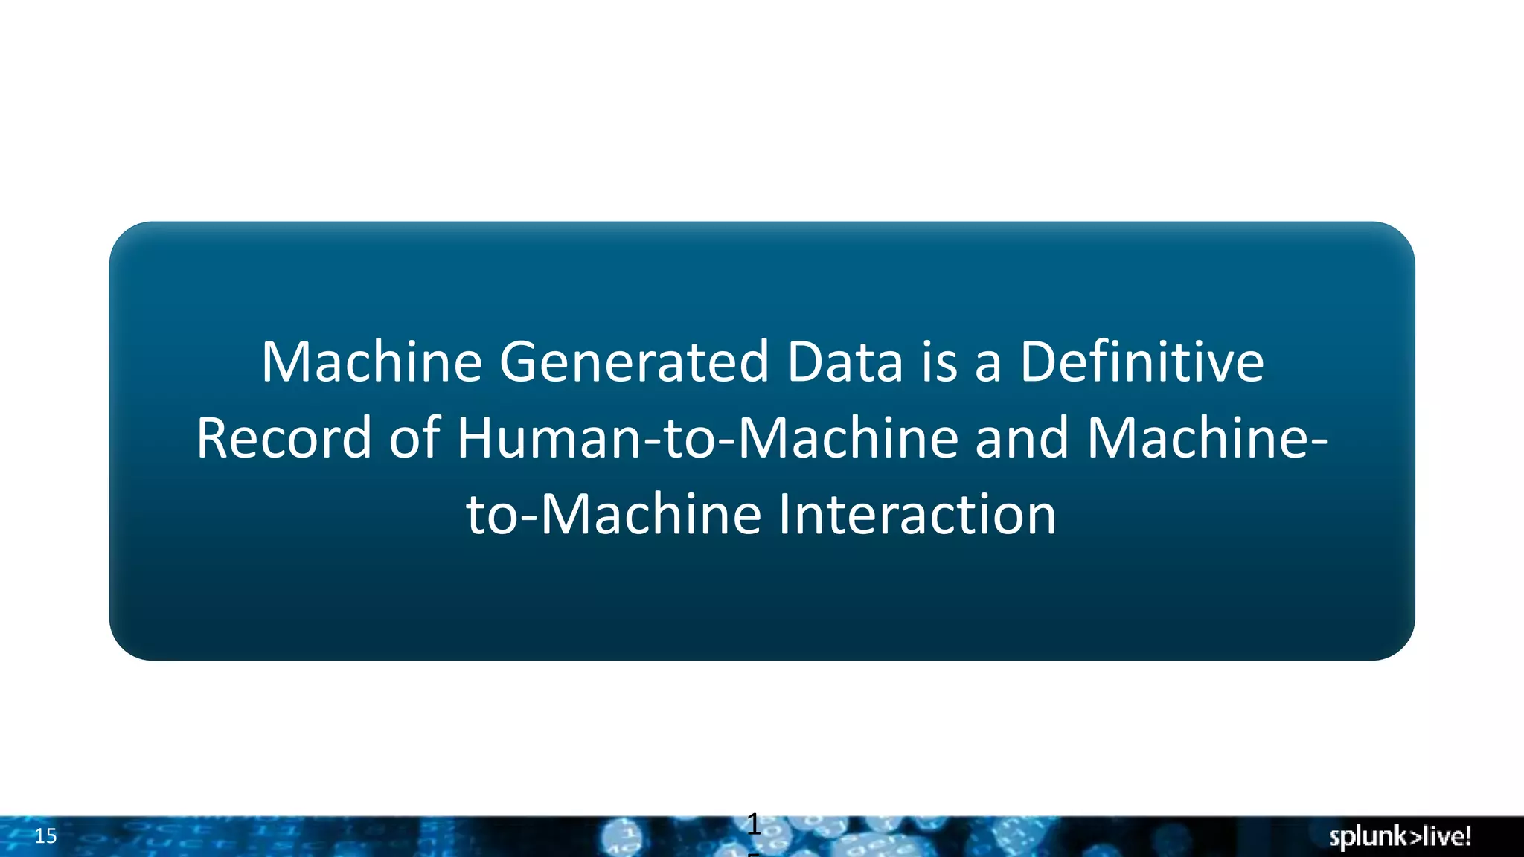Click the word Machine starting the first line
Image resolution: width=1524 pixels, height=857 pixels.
click(x=371, y=362)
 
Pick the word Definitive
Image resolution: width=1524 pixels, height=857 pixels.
click(x=1142, y=362)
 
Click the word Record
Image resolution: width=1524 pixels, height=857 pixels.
click(x=283, y=438)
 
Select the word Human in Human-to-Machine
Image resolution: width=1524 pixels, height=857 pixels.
click(x=548, y=438)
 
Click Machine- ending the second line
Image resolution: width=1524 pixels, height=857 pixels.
click(x=1206, y=438)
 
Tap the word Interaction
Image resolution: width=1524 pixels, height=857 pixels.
click(x=917, y=515)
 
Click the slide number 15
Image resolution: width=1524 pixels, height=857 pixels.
click(x=45, y=836)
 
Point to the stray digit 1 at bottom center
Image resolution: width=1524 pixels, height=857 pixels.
click(x=753, y=825)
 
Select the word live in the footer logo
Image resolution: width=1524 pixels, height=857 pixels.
click(x=1440, y=836)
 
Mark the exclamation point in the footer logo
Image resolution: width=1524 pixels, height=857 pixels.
click(x=1467, y=835)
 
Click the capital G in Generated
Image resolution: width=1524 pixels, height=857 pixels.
click(x=519, y=362)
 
